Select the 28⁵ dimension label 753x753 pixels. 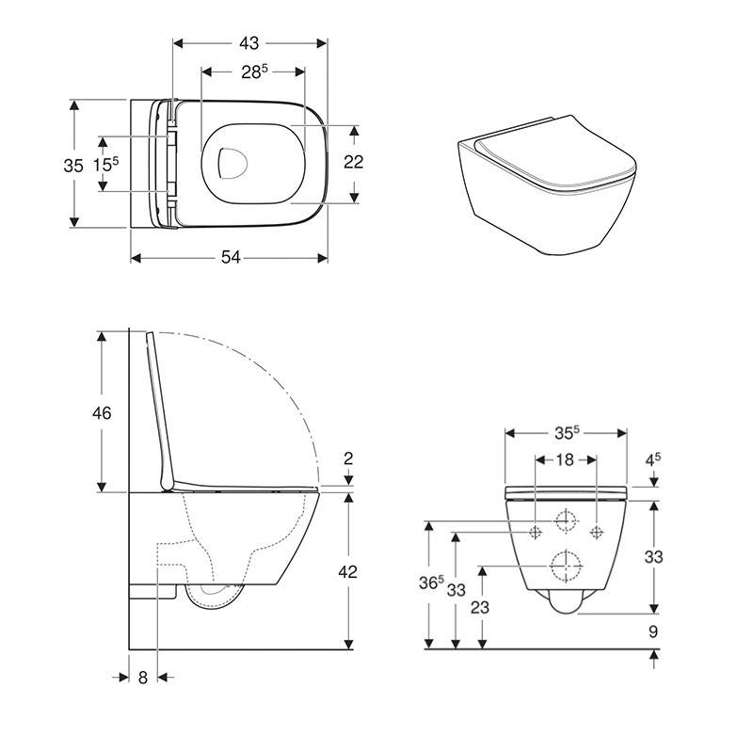[254, 72]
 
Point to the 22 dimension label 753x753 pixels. [353, 162]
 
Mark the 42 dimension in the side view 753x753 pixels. [347, 571]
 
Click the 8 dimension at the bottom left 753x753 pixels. [143, 676]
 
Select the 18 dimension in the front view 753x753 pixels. [565, 459]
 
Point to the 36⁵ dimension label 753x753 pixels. [432, 584]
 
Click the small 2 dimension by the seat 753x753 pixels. [348, 458]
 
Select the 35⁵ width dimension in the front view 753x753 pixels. [566, 434]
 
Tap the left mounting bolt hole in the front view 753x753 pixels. [536, 532]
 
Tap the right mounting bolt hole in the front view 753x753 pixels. [596, 532]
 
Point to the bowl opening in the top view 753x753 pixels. [229, 163]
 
